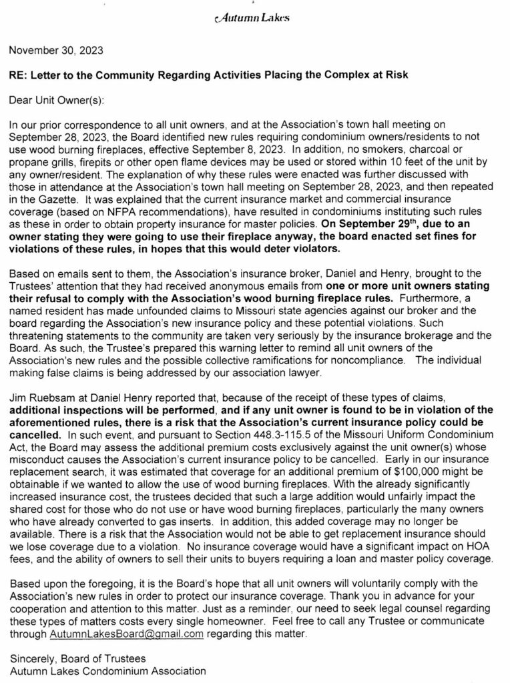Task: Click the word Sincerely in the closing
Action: click(x=31, y=658)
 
